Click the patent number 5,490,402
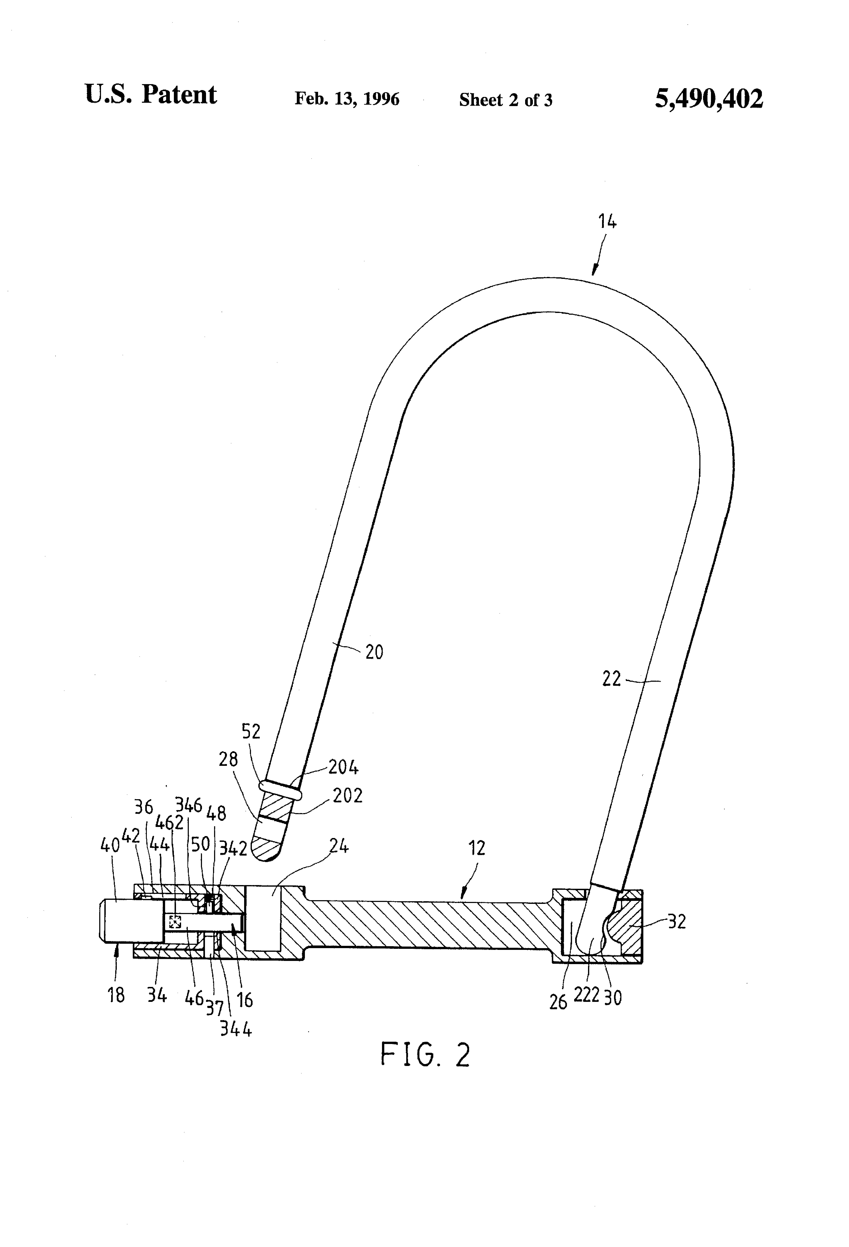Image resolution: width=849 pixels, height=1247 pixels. (708, 99)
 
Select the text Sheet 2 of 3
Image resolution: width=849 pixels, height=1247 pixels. (505, 100)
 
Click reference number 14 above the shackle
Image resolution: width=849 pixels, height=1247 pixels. (608, 221)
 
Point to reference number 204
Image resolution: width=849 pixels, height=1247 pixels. (344, 767)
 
